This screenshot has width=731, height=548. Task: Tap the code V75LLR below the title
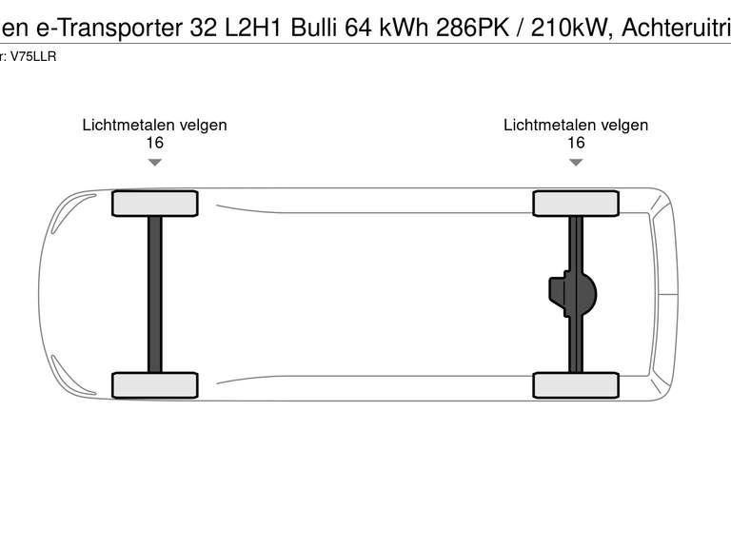[x=33, y=57]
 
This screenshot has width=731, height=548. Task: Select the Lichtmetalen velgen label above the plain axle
[x=154, y=125]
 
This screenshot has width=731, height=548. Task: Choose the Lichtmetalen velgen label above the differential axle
[x=576, y=125]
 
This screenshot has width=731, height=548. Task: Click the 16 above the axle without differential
[x=154, y=143]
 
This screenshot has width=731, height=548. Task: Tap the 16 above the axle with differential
[x=576, y=143]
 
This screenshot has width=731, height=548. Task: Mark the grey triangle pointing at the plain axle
[x=154, y=163]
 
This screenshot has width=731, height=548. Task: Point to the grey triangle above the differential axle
[x=576, y=163]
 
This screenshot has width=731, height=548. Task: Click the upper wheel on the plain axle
[x=154, y=204]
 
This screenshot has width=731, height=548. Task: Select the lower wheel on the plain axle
[x=154, y=385]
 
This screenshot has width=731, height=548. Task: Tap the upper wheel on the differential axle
[x=576, y=204]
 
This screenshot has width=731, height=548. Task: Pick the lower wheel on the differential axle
[x=576, y=385]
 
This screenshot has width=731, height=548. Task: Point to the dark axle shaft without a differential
[x=154, y=294]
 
